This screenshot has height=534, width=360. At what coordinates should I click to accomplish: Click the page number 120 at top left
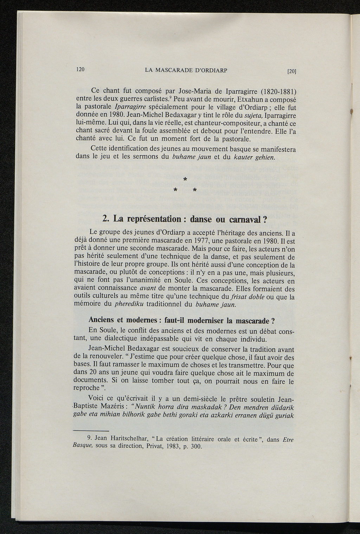pos(81,69)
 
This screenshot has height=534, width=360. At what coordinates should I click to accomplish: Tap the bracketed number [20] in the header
pos(292,71)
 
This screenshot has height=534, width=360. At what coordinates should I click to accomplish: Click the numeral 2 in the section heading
pos(104,219)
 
